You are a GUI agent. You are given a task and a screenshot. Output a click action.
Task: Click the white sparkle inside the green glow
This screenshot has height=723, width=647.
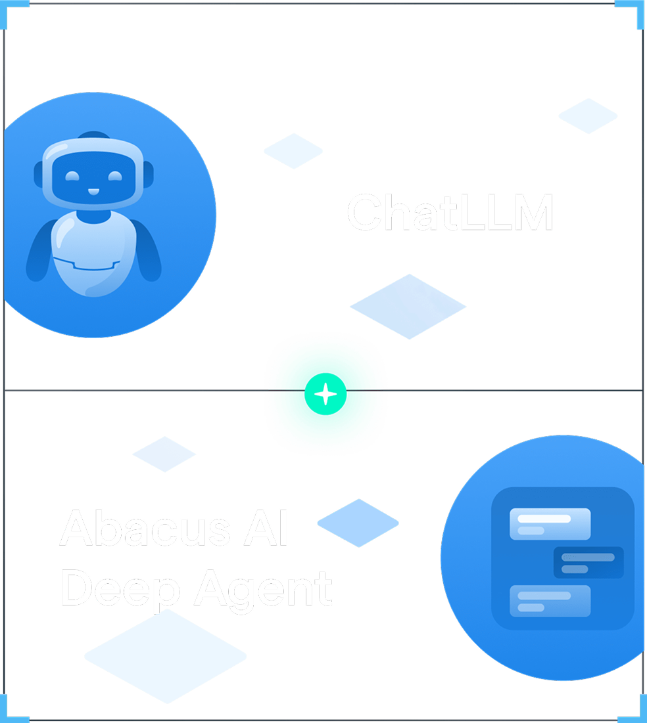pyautogui.click(x=325, y=394)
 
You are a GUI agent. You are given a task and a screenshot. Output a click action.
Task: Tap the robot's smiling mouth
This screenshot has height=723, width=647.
pyautogui.click(x=93, y=193)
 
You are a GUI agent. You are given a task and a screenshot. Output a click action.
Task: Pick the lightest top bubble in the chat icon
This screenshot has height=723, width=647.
pyautogui.click(x=550, y=523)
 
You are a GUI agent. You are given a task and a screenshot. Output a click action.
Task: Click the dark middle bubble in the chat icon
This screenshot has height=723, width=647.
pyautogui.click(x=588, y=563)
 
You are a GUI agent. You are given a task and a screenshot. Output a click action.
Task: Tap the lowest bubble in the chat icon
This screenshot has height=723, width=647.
pyautogui.click(x=550, y=601)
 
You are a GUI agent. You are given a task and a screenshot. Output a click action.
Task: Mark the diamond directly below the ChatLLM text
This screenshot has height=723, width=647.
pyautogui.click(x=408, y=306)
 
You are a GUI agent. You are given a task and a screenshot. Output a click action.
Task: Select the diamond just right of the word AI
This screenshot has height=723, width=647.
pyautogui.click(x=358, y=523)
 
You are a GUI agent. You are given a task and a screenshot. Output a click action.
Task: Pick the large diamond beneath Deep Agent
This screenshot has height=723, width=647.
pyautogui.click(x=165, y=655)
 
